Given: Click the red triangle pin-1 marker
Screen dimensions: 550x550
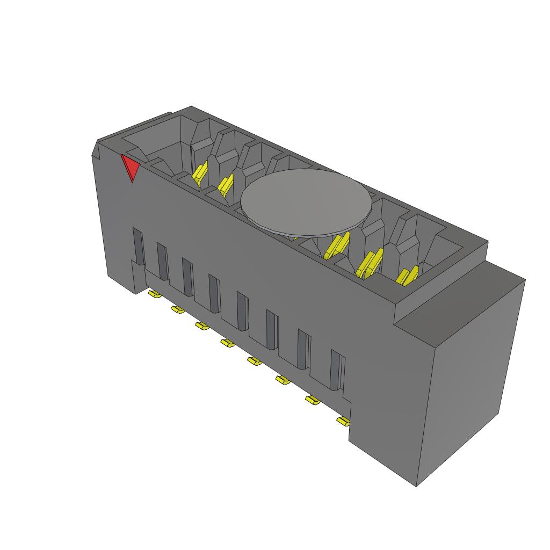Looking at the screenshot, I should pyautogui.click(x=130, y=167).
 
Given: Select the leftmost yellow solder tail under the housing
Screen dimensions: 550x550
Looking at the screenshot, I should pyautogui.click(x=153, y=294).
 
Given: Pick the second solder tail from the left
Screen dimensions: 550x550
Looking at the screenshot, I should pyautogui.click(x=177, y=309).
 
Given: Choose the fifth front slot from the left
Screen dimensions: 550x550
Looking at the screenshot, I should pyautogui.click(x=243, y=310).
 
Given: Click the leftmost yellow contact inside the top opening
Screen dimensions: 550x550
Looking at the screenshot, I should pyautogui.click(x=200, y=174).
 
